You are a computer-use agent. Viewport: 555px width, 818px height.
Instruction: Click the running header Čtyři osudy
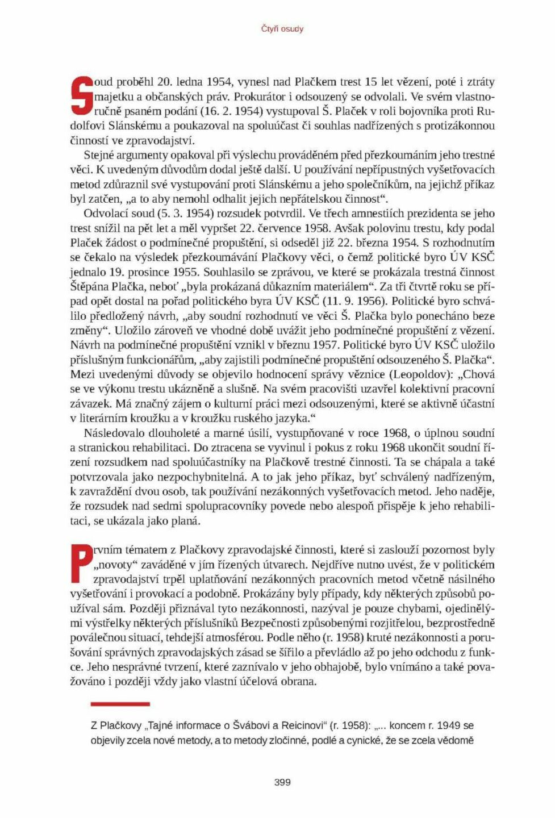[282, 29]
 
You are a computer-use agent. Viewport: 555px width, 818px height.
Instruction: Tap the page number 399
[282, 782]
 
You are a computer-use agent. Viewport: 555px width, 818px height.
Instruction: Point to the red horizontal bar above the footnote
[120, 704]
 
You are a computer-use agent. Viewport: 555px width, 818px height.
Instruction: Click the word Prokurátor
[259, 97]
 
